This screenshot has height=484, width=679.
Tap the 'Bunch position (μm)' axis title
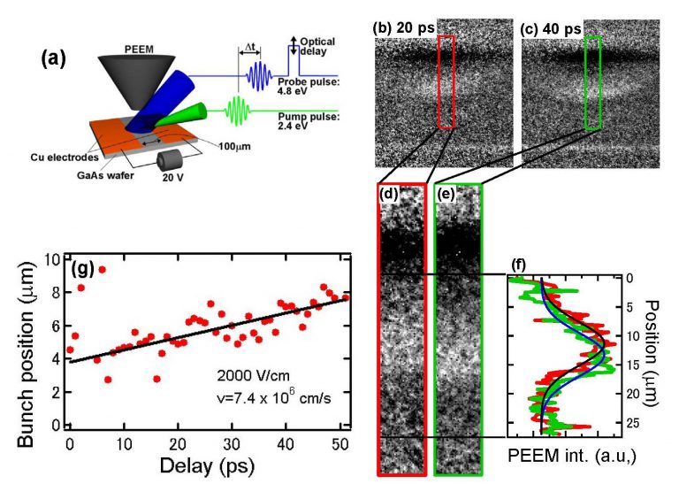18,342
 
